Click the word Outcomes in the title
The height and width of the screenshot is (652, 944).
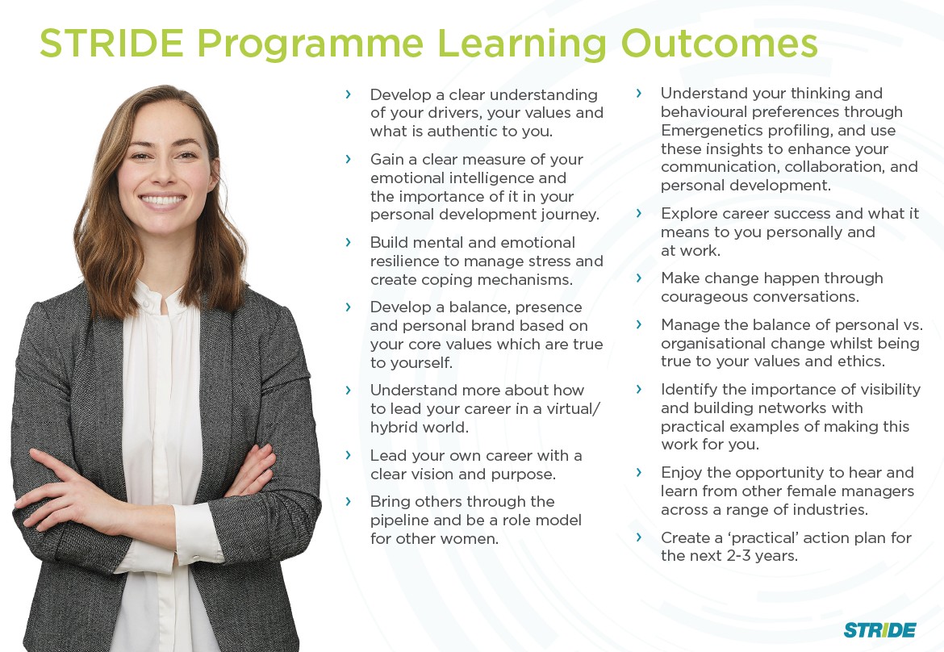(719, 44)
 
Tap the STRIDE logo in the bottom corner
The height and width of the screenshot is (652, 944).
(879, 630)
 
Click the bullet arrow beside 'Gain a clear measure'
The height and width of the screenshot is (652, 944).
(348, 159)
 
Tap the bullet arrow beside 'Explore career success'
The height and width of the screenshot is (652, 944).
(639, 213)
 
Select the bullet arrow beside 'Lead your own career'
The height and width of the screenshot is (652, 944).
(348, 455)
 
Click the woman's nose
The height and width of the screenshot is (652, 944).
(162, 173)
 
